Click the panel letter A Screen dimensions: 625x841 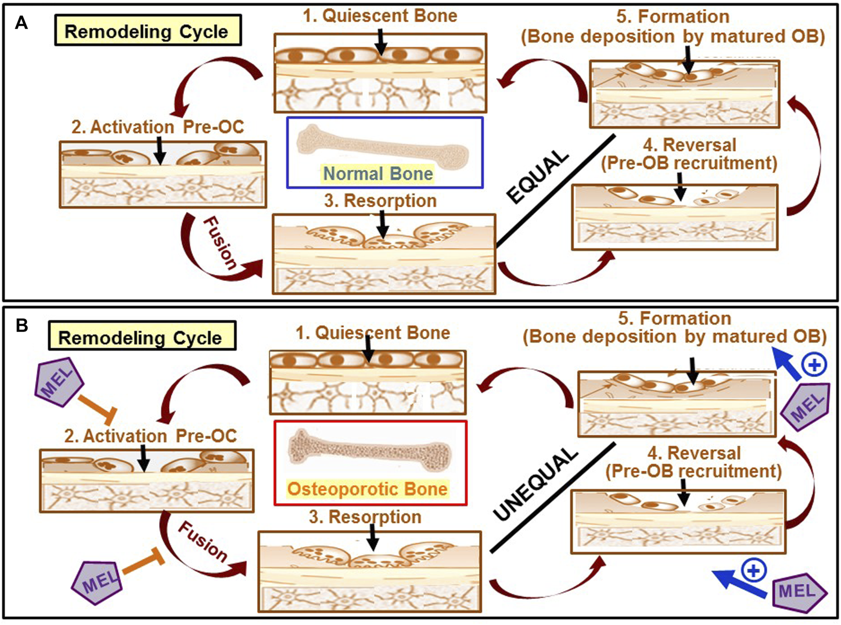click(21, 23)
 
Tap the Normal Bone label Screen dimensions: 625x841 click(378, 174)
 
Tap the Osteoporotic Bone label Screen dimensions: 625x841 click(367, 489)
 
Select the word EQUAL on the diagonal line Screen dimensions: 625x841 click(537, 177)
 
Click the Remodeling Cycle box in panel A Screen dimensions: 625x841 click(147, 31)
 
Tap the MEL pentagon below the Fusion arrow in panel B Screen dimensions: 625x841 click(98, 582)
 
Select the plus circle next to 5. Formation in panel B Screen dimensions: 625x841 click(814, 365)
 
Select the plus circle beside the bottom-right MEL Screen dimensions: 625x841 click(754, 570)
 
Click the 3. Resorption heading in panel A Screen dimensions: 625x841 click(381, 201)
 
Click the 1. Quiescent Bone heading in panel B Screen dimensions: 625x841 click(373, 333)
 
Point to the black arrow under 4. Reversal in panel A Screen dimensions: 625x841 click(680, 186)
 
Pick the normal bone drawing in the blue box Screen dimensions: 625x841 click(382, 147)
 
